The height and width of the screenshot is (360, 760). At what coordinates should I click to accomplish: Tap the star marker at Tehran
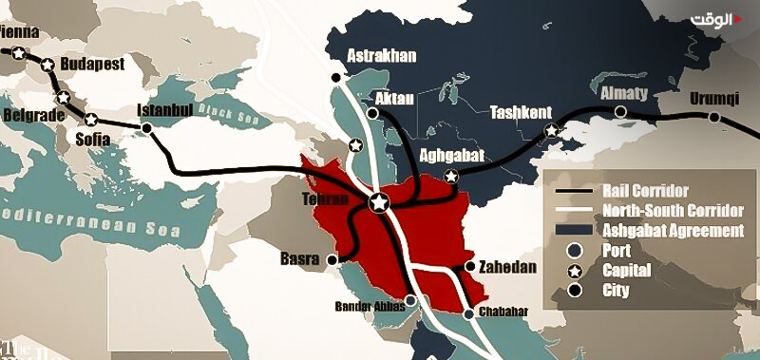[379, 202]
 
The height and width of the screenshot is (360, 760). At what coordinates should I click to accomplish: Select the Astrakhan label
[382, 55]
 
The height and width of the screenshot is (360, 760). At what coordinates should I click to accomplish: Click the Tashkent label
[521, 112]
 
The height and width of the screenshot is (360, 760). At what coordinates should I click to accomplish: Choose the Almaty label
[622, 93]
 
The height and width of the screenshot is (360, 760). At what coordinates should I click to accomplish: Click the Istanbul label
[166, 109]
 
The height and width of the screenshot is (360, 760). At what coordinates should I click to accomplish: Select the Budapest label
[92, 64]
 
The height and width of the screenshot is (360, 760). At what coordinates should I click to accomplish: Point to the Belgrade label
[33, 115]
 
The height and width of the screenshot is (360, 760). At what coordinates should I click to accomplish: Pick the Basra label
[299, 258]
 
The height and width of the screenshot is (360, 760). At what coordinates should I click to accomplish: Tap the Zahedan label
[507, 268]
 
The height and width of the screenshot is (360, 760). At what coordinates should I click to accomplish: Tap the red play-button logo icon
[737, 17]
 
